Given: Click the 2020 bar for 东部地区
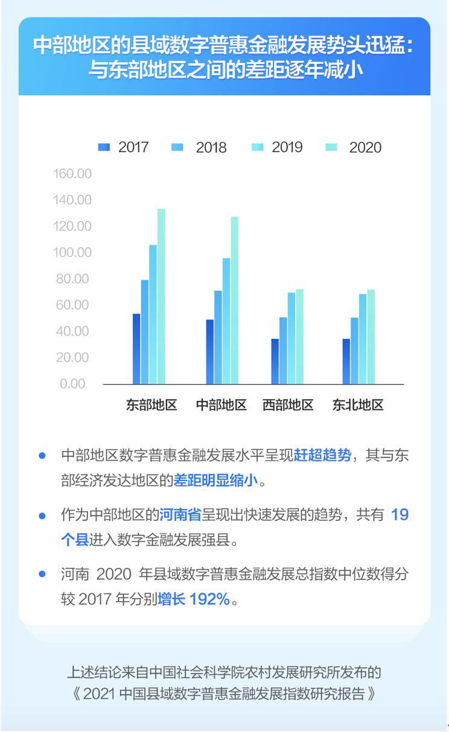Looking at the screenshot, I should click(161, 296).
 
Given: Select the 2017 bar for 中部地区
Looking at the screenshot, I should click(209, 352).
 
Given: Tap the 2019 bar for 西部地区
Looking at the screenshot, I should click(291, 338).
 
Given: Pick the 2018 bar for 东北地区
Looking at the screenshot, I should click(354, 350).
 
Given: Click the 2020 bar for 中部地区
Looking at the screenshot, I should click(234, 300).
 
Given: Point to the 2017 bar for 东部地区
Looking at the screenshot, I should click(136, 349).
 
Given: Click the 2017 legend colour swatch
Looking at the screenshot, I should click(104, 147).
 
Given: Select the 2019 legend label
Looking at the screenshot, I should click(287, 147).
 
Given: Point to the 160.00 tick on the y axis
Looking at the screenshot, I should click(72, 174).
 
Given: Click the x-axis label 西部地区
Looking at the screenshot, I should click(288, 405).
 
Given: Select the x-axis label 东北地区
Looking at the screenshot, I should click(358, 405).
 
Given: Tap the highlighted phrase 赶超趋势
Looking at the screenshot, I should click(322, 455).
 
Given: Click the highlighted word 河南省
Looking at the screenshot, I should click(180, 515).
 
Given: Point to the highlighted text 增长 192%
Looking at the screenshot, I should click(193, 599).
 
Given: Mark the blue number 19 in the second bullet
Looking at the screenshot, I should click(400, 515).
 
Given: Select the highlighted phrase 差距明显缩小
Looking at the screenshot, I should click(215, 481).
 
